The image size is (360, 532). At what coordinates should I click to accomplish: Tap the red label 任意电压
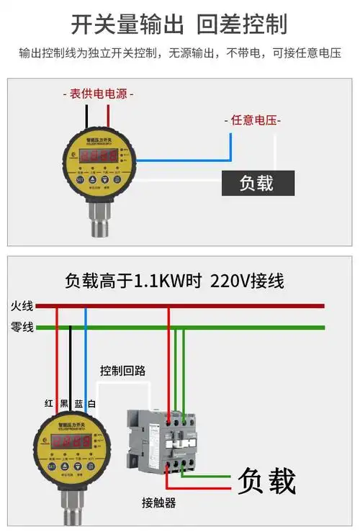pos(254,120)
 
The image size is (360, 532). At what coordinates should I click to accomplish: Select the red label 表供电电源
pos(98,94)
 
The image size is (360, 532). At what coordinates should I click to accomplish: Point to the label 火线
pos(22,305)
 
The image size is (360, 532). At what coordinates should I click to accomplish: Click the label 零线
pos(22,327)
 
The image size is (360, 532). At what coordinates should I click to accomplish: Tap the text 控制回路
pos(123,371)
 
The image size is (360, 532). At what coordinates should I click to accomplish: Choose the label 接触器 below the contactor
pos(159,502)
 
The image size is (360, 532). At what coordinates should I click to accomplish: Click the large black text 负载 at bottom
pos(266,480)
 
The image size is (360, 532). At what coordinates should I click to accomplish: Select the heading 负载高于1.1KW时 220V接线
pos(174,280)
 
